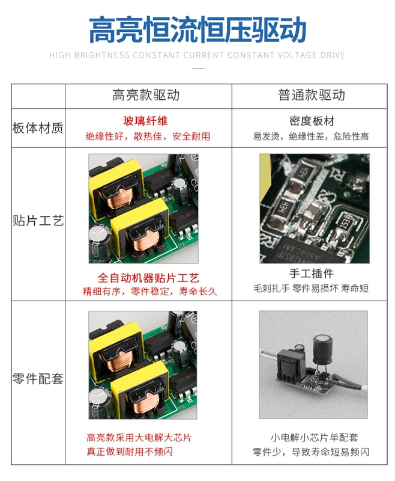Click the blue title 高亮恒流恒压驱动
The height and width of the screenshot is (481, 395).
(197, 29)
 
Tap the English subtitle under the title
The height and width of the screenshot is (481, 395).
(197, 55)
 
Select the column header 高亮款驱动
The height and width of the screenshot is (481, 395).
(146, 95)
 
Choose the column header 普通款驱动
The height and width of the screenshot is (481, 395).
(312, 95)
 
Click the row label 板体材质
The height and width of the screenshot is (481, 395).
(38, 128)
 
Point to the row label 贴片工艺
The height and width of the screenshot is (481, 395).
(38, 221)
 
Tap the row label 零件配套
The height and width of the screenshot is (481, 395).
(38, 379)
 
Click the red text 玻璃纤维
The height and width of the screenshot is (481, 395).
(145, 121)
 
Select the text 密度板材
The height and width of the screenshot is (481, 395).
(312, 121)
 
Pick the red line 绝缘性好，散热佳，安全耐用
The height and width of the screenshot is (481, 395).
(148, 136)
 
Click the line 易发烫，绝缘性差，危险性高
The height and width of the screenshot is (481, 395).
(311, 136)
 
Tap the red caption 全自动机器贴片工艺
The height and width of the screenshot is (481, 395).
(148, 278)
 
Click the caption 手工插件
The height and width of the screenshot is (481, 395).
(312, 274)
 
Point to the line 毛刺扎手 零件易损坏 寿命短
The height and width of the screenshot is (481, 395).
(311, 289)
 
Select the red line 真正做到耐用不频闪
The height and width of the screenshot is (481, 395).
(130, 452)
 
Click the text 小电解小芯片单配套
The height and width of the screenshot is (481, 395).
(314, 438)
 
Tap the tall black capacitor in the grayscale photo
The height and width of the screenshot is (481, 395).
(323, 351)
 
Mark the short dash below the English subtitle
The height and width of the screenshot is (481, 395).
(198, 69)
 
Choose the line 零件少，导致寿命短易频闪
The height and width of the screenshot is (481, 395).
(311, 452)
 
